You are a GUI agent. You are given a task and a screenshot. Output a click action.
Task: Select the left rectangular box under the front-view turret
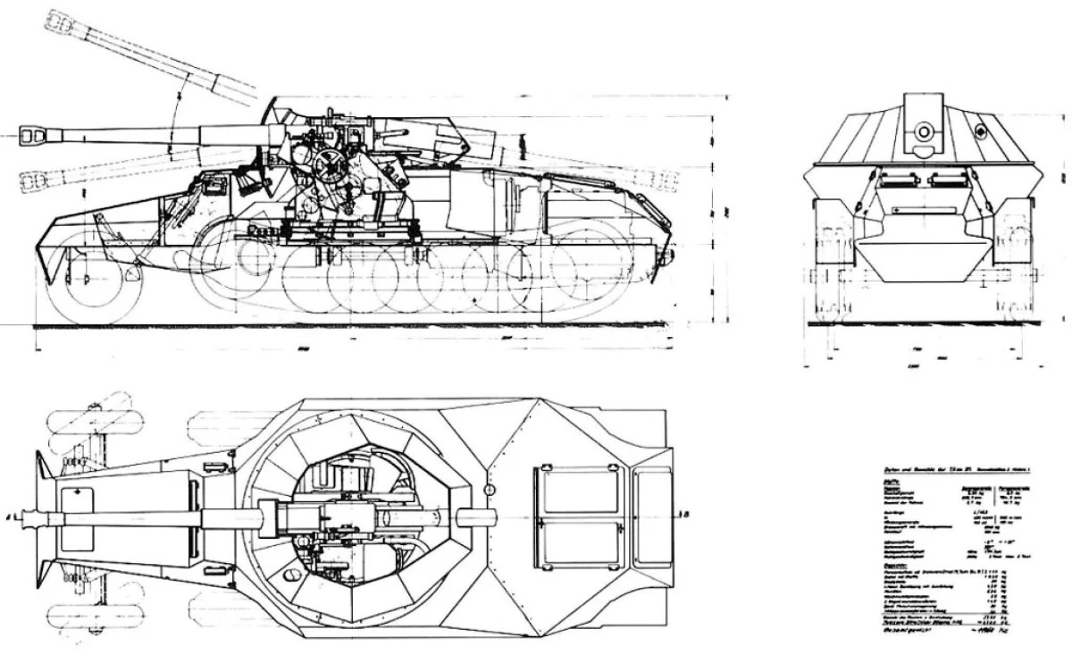(x=894, y=181)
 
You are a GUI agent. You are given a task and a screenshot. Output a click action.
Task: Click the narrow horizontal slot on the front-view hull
(x=924, y=213)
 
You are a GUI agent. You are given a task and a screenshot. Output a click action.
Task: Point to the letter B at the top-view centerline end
(x=684, y=515)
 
